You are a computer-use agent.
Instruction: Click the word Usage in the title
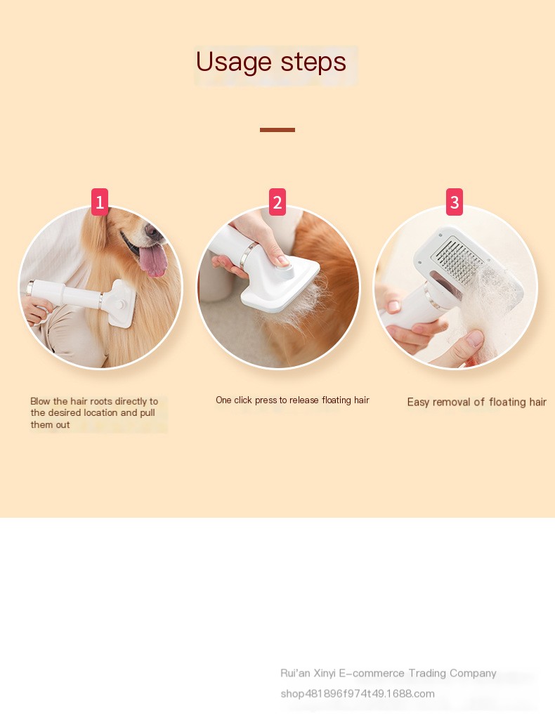(233, 63)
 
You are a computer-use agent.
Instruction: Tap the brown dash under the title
(277, 130)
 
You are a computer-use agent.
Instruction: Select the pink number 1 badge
(100, 202)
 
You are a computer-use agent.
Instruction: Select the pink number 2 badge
(277, 202)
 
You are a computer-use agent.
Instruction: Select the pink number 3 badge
(454, 202)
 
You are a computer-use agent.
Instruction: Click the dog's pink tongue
(153, 260)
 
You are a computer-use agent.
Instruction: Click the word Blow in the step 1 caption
(40, 401)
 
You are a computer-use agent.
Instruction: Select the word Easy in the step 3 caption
(418, 403)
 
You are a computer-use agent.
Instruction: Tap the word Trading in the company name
(427, 673)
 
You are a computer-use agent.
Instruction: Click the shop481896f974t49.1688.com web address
(358, 693)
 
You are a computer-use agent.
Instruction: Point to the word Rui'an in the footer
(295, 673)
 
